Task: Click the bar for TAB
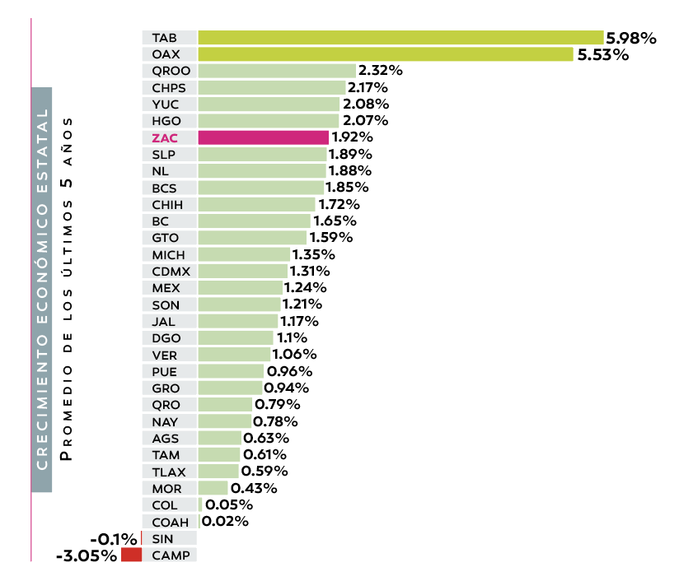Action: pyautogui.click(x=400, y=38)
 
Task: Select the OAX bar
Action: pyautogui.click(x=386, y=54)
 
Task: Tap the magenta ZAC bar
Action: pyautogui.click(x=263, y=137)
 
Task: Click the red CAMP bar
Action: pyautogui.click(x=131, y=555)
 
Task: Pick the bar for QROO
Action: pyautogui.click(x=277, y=71)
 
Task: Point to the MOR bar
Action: pyautogui.click(x=213, y=488)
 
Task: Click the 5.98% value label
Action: pyautogui.click(x=631, y=38)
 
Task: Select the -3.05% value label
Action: pyautogui.click(x=87, y=556)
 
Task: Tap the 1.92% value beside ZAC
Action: pyautogui.click(x=353, y=137)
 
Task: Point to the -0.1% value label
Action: pyautogui.click(x=114, y=540)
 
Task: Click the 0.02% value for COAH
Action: pyautogui.click(x=225, y=522)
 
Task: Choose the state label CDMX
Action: pyautogui.click(x=171, y=271)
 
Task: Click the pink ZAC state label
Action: pyautogui.click(x=165, y=137)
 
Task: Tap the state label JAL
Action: pyautogui.click(x=164, y=321)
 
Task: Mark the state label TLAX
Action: pyautogui.click(x=169, y=472)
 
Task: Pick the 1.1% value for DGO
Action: pyautogui.click(x=292, y=338)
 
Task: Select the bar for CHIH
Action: pyautogui.click(x=256, y=204)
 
